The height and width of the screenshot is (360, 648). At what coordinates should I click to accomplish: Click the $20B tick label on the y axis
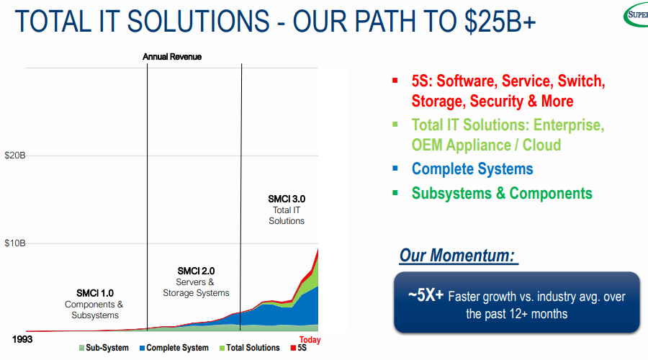[14, 155]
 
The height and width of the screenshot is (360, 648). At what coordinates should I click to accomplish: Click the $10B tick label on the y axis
[14, 243]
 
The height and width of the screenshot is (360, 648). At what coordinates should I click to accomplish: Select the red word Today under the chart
[310, 340]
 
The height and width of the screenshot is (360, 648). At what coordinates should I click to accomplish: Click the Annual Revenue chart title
[172, 56]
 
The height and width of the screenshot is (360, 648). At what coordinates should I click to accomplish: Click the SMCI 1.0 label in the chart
[95, 293]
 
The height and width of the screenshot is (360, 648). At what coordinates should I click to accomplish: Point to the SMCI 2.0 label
[196, 271]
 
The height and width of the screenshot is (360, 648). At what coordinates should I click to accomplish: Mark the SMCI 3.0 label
[287, 199]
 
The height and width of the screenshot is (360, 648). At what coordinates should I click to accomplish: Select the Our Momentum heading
[459, 256]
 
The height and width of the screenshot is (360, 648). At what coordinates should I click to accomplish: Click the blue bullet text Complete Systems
[472, 169]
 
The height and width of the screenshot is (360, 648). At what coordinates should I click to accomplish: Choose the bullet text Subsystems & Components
[502, 193]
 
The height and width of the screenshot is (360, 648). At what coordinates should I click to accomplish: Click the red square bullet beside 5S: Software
[395, 81]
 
